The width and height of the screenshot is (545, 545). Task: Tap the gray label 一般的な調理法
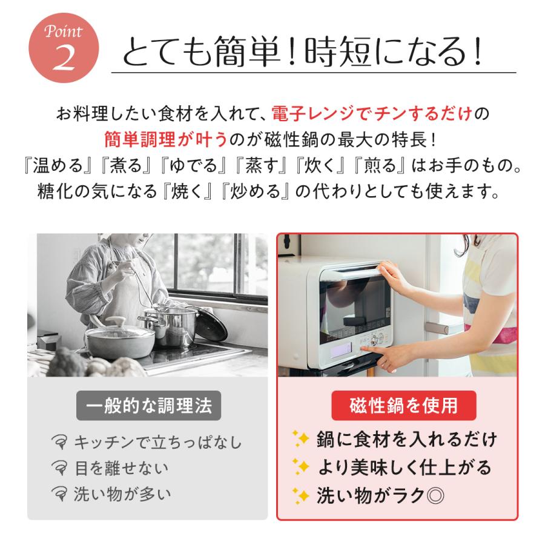(x=148, y=406)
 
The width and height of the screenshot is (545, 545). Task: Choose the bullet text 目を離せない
(x=121, y=468)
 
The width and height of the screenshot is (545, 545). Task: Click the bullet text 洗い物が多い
(x=122, y=494)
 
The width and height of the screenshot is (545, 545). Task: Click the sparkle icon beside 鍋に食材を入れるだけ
(x=300, y=438)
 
